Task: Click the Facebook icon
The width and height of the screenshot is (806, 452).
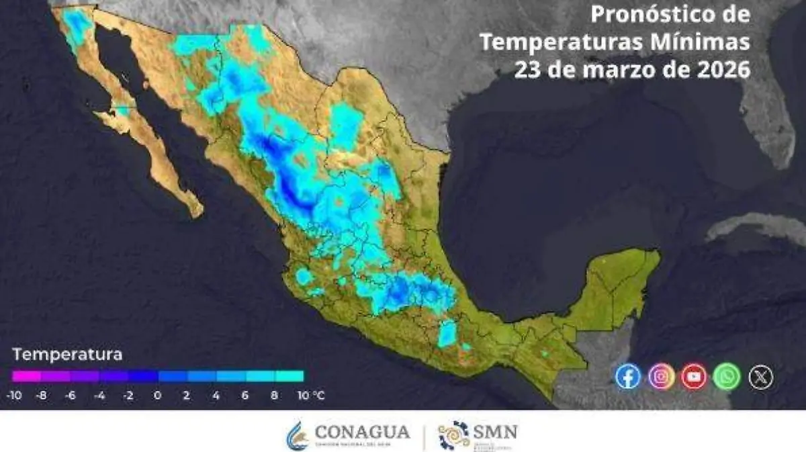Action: [628, 376]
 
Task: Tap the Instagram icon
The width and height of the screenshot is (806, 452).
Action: [662, 376]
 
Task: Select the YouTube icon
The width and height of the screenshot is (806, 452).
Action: [694, 376]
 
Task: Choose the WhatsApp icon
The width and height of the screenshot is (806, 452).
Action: [727, 376]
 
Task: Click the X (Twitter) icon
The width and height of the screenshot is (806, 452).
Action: [760, 377]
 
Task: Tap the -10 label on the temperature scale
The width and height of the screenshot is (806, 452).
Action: [13, 396]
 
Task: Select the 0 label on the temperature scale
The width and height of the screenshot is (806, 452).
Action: [157, 396]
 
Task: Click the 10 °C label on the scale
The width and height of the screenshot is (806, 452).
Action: [310, 396]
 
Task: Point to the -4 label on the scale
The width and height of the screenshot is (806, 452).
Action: [99, 396]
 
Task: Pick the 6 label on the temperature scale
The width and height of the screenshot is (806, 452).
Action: [244, 396]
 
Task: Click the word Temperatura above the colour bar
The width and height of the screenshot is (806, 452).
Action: [67, 354]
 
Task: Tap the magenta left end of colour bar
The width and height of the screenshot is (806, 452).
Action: [20, 376]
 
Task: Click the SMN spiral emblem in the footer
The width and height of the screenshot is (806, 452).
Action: [453, 435]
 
